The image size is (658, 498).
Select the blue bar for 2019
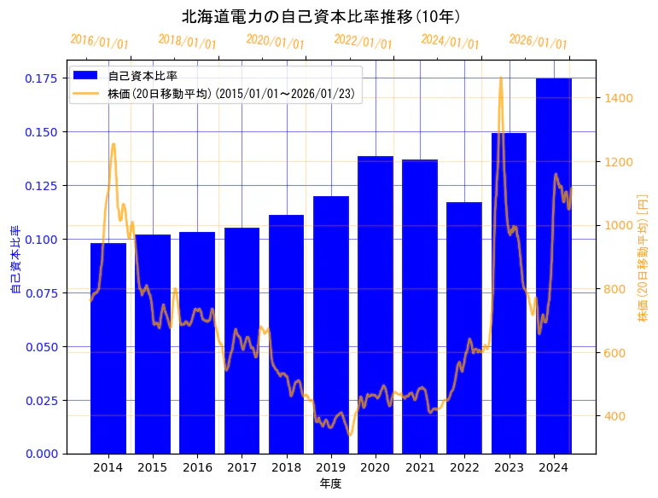[331, 324]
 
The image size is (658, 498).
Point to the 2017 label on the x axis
[242, 467]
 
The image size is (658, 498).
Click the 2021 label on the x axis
[420, 467]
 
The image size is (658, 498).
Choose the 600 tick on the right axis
[615, 353]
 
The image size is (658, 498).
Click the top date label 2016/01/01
[100, 42]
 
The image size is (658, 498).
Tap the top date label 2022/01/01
[364, 42]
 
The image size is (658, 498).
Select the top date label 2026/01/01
[539, 42]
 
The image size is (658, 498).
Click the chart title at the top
[323, 16]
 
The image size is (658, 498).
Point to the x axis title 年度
[330, 484]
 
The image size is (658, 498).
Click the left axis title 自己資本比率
[15, 260]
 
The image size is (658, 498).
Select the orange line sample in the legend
[85, 93]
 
